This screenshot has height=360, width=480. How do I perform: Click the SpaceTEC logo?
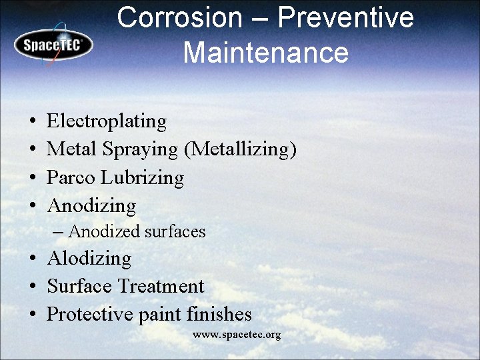[53, 45]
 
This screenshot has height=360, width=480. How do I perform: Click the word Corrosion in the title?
[179, 18]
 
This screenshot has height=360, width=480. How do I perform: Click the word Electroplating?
[107, 121]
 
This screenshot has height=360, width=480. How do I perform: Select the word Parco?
[71, 178]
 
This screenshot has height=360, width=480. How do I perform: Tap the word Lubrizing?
[143, 178]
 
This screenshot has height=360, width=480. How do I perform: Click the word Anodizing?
[92, 206]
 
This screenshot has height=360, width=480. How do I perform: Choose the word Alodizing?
[89, 259]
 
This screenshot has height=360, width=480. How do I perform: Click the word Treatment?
[161, 287]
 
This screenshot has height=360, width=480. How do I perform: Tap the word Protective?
[89, 315]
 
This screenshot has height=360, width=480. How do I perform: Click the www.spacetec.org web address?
[237, 335]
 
